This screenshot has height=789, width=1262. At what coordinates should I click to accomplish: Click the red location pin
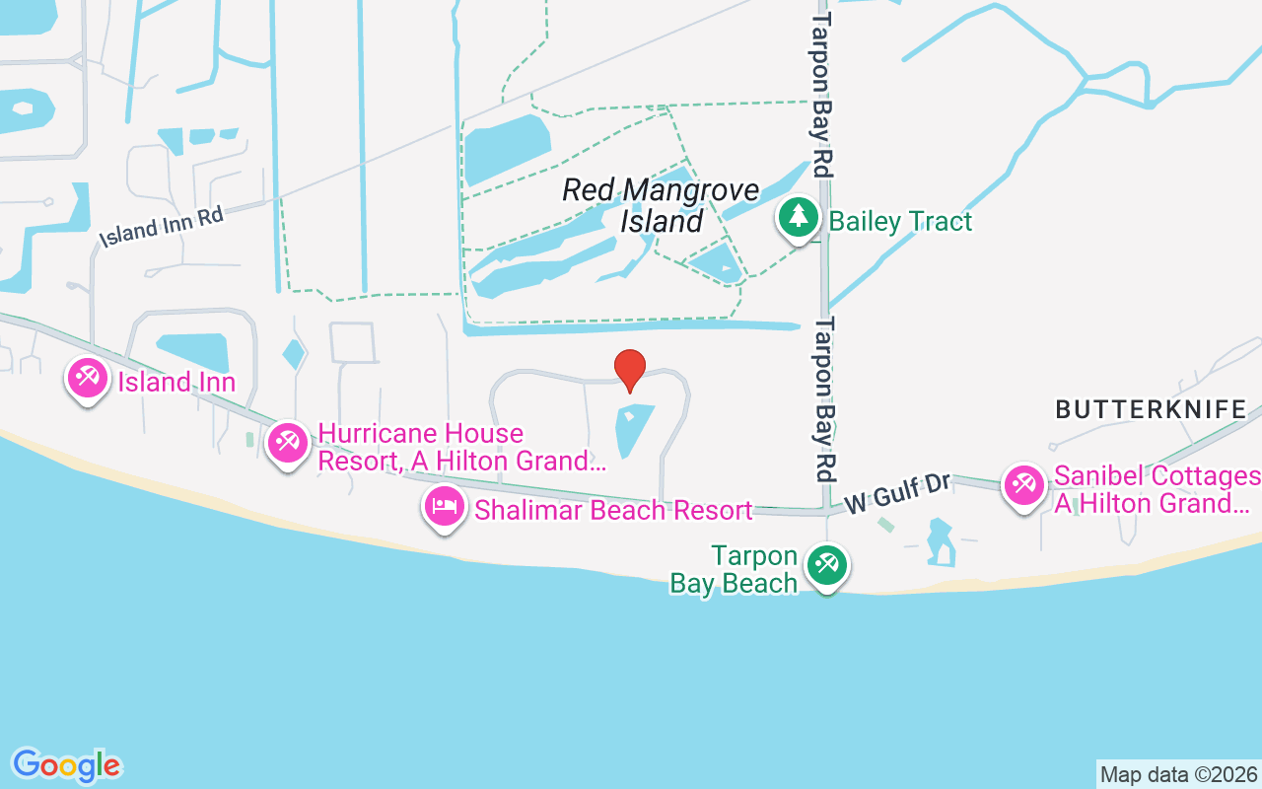(x=630, y=370)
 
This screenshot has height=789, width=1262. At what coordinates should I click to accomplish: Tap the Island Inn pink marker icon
(x=88, y=377)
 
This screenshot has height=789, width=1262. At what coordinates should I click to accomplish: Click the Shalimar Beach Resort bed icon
(x=445, y=507)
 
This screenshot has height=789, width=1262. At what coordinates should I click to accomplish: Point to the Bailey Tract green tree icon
(x=798, y=217)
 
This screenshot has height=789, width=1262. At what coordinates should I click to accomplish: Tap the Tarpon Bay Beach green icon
(x=826, y=565)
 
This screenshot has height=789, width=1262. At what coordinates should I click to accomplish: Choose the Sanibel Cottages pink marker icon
(x=1024, y=484)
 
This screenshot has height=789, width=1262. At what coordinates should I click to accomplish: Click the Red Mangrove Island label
(x=661, y=205)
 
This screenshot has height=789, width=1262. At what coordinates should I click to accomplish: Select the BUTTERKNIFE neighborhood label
(x=1151, y=409)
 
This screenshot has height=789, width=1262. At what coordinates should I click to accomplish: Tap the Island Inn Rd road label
(x=162, y=226)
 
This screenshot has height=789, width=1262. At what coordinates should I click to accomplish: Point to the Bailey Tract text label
(x=900, y=221)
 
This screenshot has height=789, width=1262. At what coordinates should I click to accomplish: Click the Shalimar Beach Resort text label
(x=613, y=510)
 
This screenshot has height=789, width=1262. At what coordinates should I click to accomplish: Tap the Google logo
(x=67, y=765)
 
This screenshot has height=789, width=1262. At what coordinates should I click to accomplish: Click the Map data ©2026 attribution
(x=1178, y=774)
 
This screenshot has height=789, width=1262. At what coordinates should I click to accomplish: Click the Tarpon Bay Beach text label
(x=734, y=570)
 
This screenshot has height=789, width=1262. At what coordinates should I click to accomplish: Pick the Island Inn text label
(x=176, y=382)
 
